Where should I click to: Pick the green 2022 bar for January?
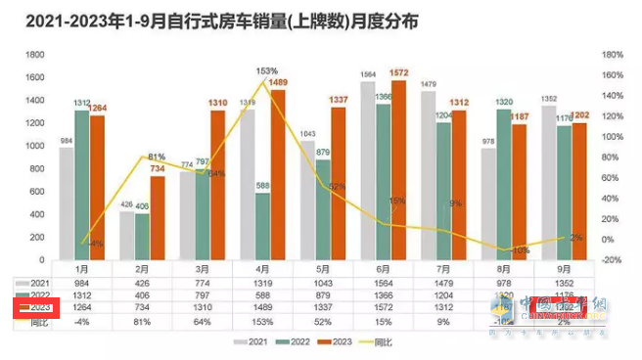click(83, 185)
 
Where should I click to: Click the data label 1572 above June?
click(399, 72)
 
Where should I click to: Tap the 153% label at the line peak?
click(267, 71)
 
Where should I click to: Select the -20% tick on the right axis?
click(612, 259)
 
